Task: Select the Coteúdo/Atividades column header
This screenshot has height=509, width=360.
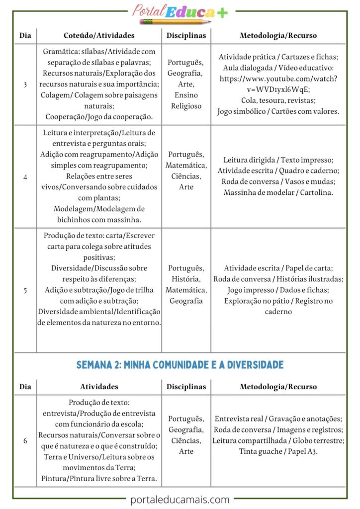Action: (99, 36)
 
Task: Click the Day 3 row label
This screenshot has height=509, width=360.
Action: (25, 84)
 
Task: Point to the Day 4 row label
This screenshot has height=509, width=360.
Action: (25, 176)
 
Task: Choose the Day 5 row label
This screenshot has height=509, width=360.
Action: (25, 290)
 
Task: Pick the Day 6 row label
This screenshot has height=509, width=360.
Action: (25, 440)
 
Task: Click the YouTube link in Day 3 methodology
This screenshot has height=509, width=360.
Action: (278, 84)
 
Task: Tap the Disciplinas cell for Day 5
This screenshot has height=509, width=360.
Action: (186, 284)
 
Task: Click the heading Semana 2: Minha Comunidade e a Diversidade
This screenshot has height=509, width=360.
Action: (180, 365)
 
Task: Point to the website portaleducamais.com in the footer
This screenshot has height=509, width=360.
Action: (180, 500)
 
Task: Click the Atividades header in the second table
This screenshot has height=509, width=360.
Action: (99, 386)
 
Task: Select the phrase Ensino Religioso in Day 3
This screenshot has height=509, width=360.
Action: (186, 100)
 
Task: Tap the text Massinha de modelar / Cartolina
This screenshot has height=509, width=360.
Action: (278, 192)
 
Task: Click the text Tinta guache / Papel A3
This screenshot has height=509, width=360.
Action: (278, 451)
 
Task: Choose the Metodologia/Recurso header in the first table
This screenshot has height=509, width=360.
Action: (278, 36)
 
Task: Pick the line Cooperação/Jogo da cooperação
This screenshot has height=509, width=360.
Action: (99, 117)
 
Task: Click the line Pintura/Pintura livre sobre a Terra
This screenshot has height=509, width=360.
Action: (99, 479)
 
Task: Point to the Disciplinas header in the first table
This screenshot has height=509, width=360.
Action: (186, 36)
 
